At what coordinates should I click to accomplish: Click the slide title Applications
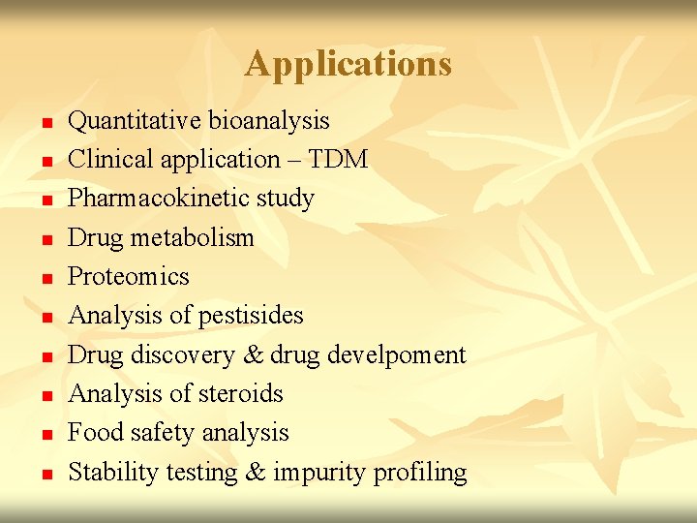point(348,64)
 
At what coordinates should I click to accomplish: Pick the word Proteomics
point(129,276)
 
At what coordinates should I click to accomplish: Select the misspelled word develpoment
point(396,354)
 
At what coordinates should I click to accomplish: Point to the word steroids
point(239,393)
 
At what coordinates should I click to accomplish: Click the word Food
point(95,432)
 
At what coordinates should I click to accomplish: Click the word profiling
point(422,473)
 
